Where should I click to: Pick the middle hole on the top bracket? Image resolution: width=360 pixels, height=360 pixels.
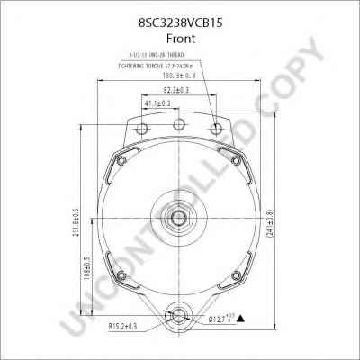coord(179,123)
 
